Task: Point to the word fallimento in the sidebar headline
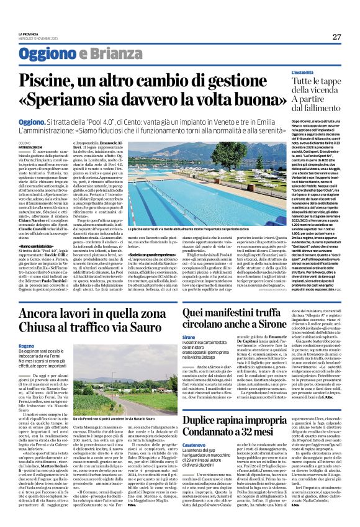tap(304, 117)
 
